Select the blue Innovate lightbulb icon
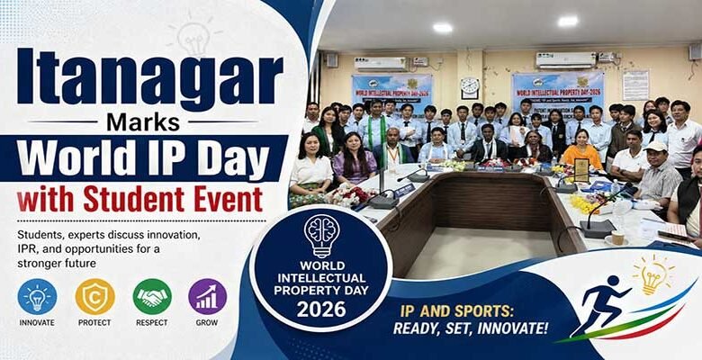click(x=37, y=296)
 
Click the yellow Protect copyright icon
click(x=94, y=296)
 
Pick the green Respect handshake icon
click(x=152, y=296)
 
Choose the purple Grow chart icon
click(x=207, y=296)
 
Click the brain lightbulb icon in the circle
click(x=321, y=236)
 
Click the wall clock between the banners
click(x=470, y=87)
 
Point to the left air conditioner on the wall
click(x=381, y=64)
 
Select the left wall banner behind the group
click(x=391, y=91)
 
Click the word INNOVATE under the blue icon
click(x=37, y=322)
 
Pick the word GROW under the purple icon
click(x=207, y=322)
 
